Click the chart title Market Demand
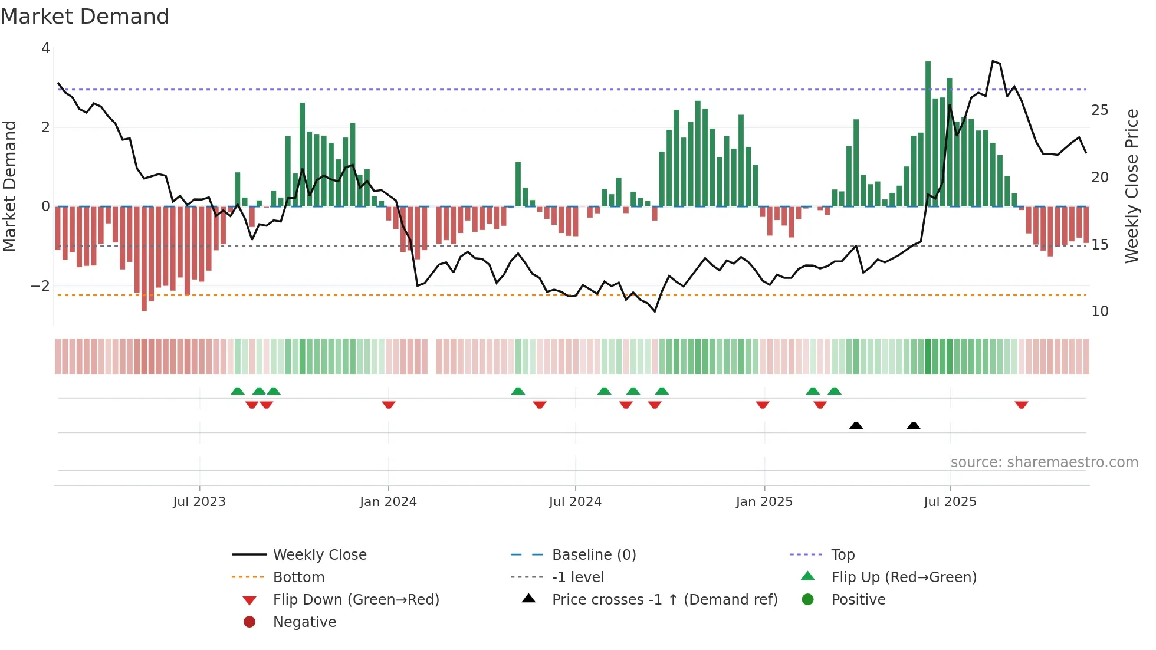85,17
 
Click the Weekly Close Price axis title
1131,186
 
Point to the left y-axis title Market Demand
9,186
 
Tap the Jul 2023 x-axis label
199,502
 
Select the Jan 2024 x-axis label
388,502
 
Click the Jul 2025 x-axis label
950,502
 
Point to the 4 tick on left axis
45,48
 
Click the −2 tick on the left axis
40,286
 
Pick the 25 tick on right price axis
1100,110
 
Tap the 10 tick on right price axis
1100,311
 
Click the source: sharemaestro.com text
1044,462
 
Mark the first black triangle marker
856,425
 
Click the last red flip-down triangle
1022,405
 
